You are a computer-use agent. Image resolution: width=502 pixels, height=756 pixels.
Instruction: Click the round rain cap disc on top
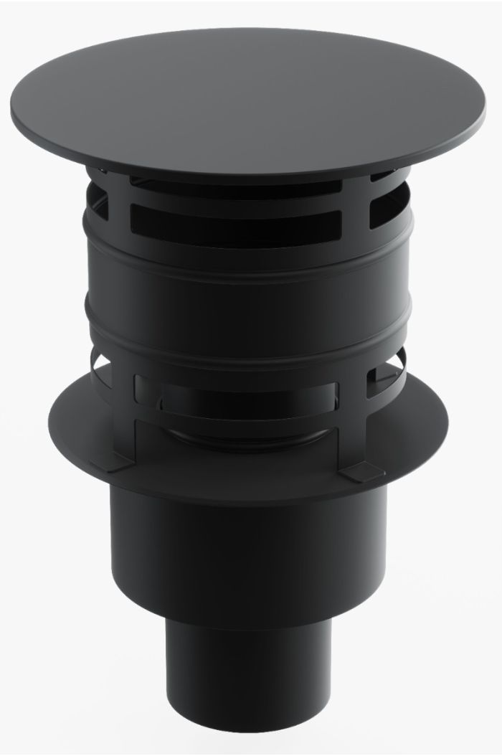[x=251, y=93]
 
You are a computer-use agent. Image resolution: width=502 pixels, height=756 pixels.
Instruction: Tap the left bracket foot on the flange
[x=119, y=464]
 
